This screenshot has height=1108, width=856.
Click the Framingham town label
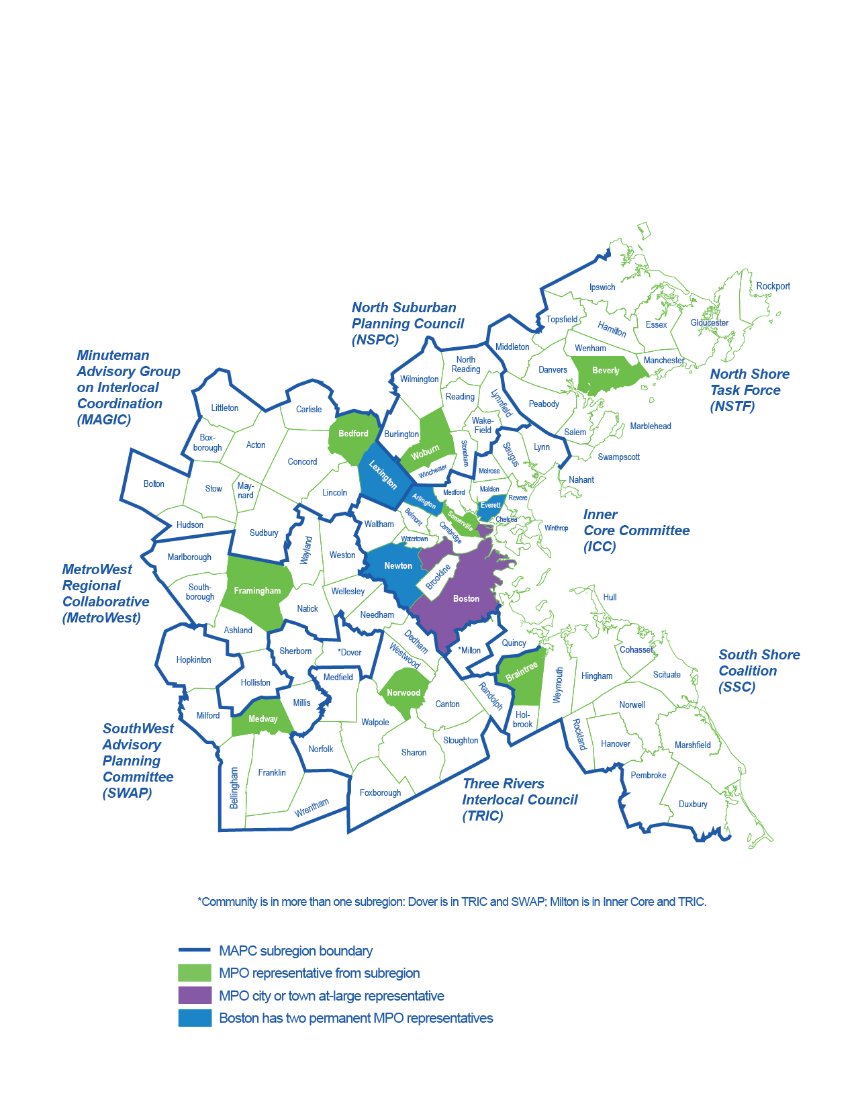257,591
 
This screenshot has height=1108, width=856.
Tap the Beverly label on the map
606,371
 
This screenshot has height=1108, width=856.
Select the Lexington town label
383,475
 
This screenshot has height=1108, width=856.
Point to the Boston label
466,598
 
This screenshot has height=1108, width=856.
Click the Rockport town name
773,286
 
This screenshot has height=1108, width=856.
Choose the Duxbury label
693,804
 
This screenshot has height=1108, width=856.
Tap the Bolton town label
154,483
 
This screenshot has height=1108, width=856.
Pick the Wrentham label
312,807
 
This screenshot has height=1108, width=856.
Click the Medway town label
263,719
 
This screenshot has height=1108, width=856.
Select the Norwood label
403,692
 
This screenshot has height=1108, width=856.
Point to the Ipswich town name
602,287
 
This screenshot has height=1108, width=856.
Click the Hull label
610,597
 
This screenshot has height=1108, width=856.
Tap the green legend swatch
195,973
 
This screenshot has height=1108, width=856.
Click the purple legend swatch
195,995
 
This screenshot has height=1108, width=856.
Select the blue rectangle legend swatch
195,1018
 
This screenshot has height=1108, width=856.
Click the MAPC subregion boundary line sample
195,950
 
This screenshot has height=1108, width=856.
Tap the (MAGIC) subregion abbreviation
104,420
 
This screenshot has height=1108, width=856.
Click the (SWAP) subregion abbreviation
128,793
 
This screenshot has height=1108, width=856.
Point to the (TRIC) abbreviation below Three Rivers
483,816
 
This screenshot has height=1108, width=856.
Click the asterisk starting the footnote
199,901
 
